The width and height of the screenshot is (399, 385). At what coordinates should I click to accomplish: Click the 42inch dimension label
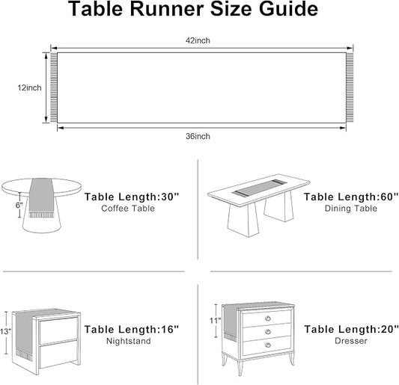point(198,40)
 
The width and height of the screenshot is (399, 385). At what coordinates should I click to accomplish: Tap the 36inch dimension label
point(198,136)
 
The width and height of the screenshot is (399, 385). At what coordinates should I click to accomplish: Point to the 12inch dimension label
point(29,87)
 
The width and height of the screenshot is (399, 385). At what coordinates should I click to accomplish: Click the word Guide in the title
point(288,9)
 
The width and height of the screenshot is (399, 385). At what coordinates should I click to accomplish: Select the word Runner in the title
point(167,9)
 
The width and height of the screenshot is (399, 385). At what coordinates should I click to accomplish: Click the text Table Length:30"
point(132,197)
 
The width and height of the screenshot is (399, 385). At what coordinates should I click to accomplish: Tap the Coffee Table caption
point(128,209)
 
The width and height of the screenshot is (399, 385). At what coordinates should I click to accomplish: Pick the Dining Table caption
point(351,209)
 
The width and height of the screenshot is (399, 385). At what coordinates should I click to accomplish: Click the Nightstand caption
point(129,341)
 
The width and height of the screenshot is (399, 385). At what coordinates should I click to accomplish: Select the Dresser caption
point(351,341)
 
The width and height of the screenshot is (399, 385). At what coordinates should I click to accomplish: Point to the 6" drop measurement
point(19,205)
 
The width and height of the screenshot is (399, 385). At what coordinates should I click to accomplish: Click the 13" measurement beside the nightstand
point(5,332)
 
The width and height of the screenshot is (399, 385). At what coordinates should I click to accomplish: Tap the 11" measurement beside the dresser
point(216,321)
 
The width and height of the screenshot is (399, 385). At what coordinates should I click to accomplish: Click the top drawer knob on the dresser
point(268,318)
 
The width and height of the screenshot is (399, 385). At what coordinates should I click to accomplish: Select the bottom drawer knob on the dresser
point(268,345)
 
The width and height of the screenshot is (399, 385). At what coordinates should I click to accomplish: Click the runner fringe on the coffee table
point(41,215)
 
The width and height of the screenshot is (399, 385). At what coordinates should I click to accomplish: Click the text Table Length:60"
point(351,197)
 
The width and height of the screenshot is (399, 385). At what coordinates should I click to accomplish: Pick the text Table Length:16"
point(132,330)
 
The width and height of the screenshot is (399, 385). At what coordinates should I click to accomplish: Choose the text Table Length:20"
point(351,330)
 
